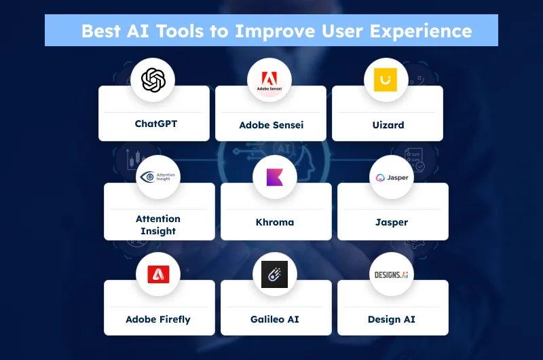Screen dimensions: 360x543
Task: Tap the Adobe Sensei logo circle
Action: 269,80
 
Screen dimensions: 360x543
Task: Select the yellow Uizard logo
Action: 386,80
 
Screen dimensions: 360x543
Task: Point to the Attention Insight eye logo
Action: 158,177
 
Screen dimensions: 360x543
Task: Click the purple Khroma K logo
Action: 275,177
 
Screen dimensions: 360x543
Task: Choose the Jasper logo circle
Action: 392,177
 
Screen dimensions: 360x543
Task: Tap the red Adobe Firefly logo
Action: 158,274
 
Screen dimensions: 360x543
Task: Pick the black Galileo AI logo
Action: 275,274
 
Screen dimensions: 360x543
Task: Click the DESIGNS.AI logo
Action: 392,274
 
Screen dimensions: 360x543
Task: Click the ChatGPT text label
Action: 155,124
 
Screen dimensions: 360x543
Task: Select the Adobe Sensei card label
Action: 271,125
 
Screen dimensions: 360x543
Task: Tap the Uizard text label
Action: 388,125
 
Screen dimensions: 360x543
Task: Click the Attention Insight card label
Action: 158,225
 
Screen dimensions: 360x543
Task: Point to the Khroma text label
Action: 275,222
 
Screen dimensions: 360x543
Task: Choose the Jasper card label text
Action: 392,222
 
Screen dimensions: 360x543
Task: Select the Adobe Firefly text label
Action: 158,319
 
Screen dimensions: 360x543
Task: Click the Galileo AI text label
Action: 275,319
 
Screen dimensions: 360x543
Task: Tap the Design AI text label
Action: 392,319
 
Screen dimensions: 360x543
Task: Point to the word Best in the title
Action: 102,31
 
